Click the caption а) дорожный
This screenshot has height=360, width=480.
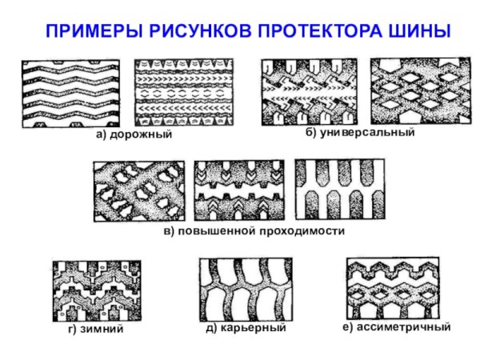pos(134,135)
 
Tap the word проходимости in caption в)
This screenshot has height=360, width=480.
pos(302,230)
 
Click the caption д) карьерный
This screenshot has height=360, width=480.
pos(246,329)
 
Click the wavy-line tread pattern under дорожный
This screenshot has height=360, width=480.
pos(70,93)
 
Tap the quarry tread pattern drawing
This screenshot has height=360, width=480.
pos(245,290)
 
